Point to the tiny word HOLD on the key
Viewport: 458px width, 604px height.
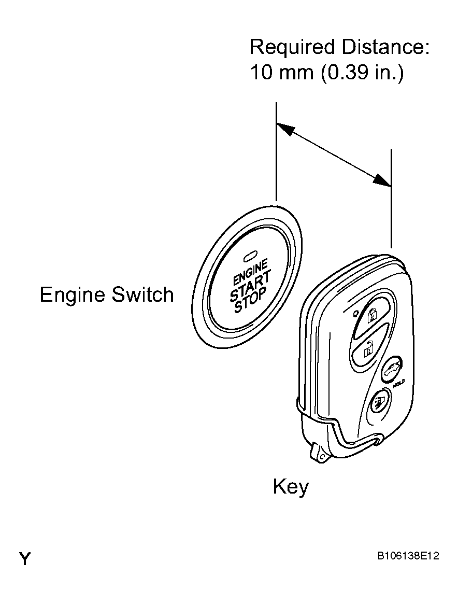pos(399,383)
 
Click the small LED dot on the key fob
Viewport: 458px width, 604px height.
pos(356,313)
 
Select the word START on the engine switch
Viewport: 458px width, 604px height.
pos(250,286)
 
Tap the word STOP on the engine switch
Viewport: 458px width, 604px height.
pos(251,301)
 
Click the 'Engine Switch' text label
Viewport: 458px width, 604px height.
pos(107,295)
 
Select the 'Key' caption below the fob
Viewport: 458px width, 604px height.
pos(291,487)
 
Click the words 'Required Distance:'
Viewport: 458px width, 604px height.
pos(339,47)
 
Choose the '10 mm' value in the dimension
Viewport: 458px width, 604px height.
pos(282,72)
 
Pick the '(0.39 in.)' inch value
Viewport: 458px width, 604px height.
pos(362,73)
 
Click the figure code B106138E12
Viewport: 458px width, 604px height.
pos(408,556)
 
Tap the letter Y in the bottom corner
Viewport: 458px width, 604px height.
pos(25,558)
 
